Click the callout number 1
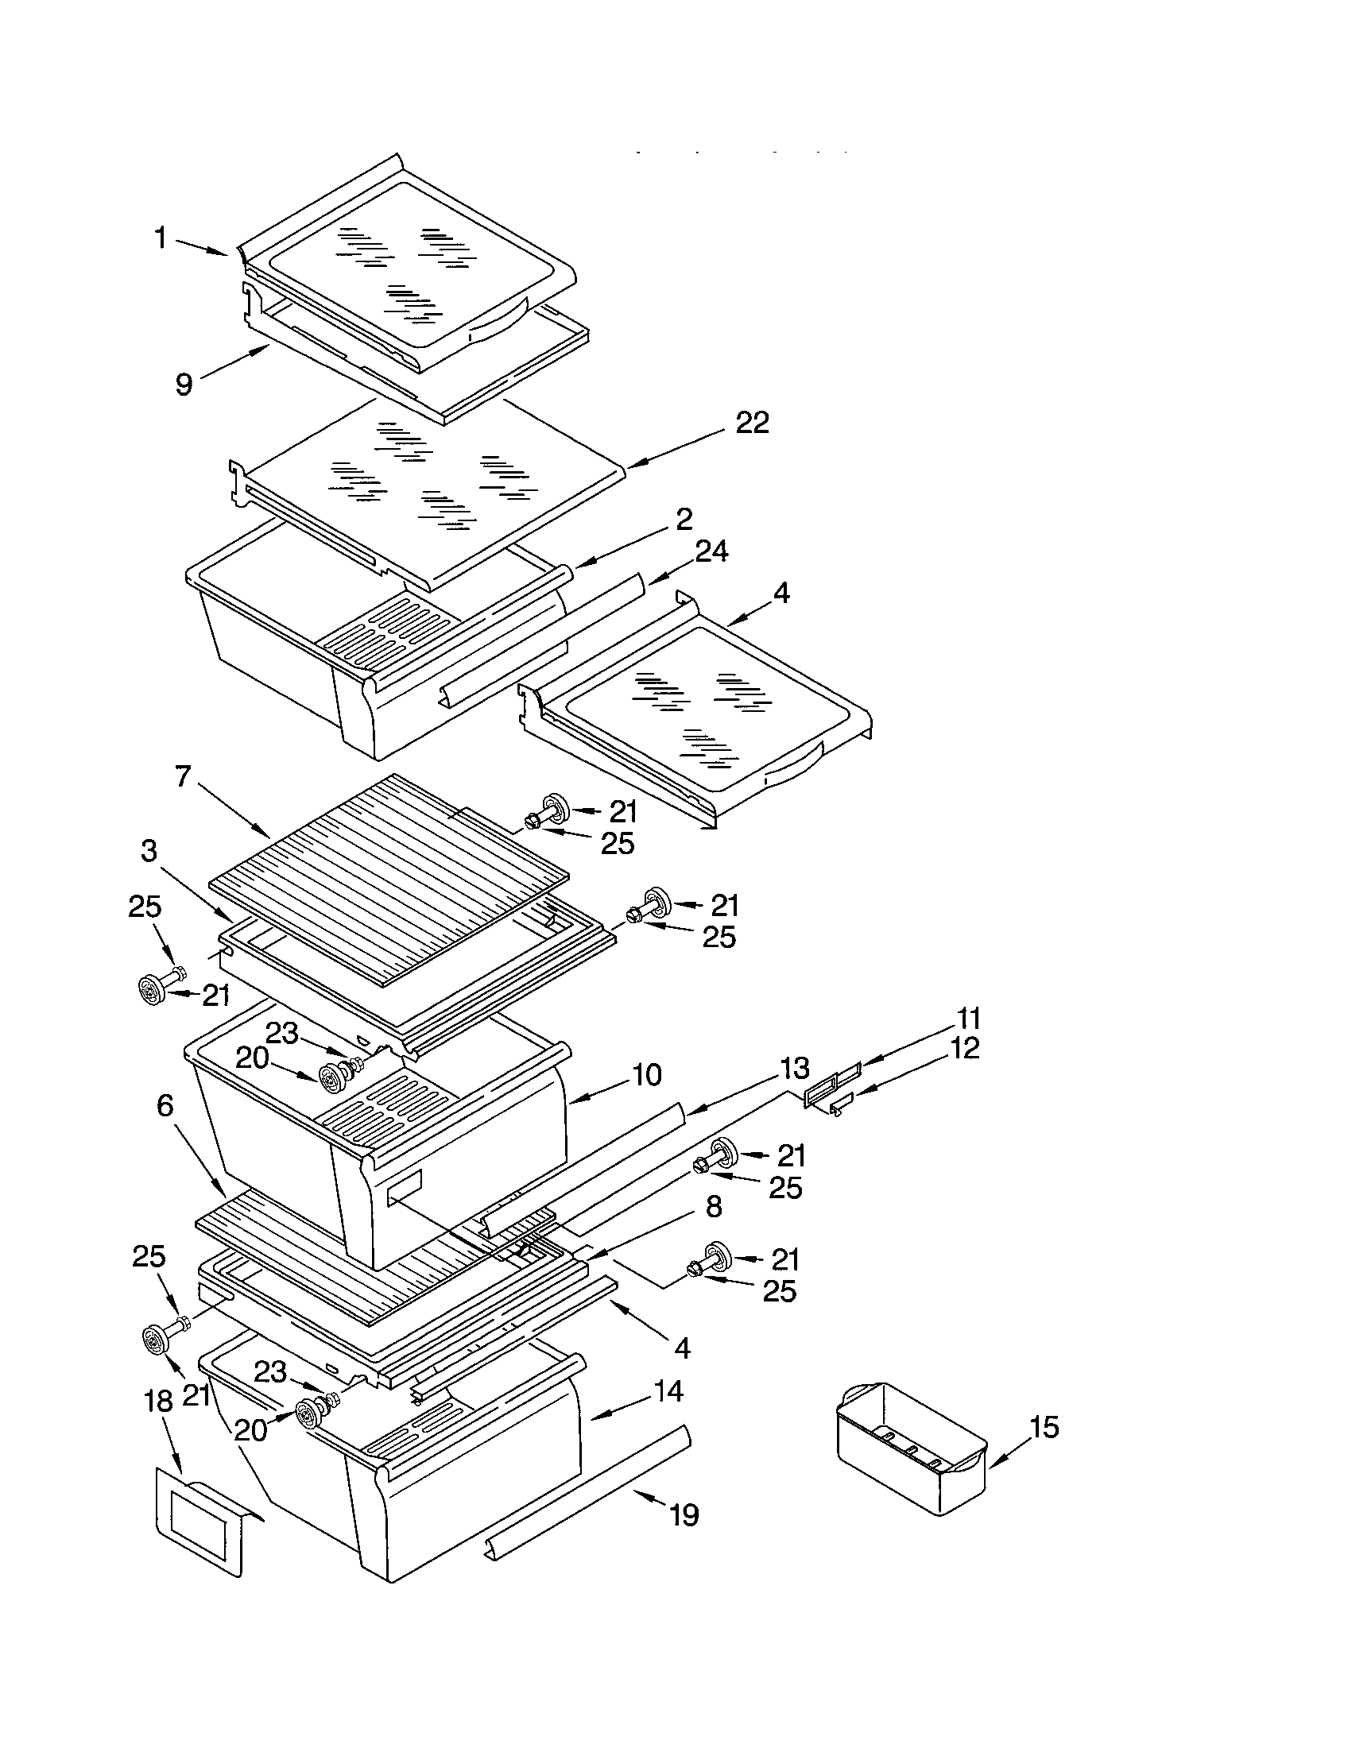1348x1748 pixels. [161, 238]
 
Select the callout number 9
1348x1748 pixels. [184, 385]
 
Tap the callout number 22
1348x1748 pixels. [752, 423]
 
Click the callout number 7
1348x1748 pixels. [183, 775]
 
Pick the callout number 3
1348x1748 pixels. [149, 851]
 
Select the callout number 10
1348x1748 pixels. [646, 1075]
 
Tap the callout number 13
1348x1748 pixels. [795, 1068]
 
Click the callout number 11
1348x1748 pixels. [969, 1019]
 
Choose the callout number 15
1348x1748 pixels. [1044, 1427]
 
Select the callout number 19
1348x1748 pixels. [684, 1514]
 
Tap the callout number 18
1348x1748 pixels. [158, 1401]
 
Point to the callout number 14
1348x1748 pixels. [668, 1390]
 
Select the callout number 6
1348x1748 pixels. [165, 1105]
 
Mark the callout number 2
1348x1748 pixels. [684, 519]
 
